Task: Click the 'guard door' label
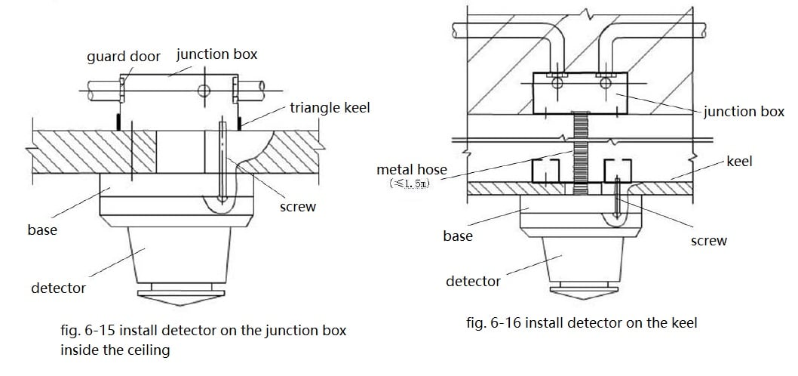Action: [x=124, y=57]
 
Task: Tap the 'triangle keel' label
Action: [x=330, y=109]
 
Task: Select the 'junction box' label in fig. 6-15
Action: [x=216, y=54]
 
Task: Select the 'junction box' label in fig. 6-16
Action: [x=744, y=112]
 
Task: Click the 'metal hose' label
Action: [x=412, y=171]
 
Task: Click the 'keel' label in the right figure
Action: [x=739, y=162]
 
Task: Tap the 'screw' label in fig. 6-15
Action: [x=298, y=207]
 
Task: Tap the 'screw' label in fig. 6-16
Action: [x=709, y=241]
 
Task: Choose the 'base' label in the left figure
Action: [x=42, y=230]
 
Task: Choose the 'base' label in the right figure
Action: [x=458, y=236]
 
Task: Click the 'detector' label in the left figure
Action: [x=58, y=288]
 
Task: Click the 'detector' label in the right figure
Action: [x=473, y=281]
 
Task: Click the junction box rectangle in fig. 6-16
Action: [x=579, y=93]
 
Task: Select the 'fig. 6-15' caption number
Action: [x=85, y=331]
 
